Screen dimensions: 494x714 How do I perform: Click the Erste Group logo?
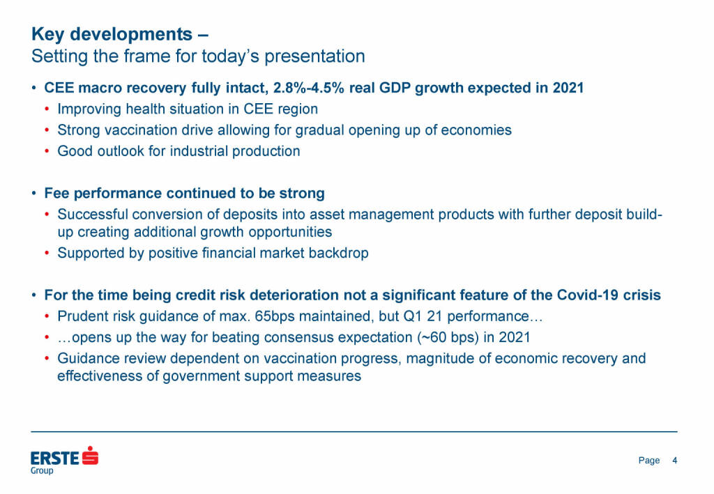(x=64, y=459)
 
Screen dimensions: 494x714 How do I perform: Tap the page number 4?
(x=674, y=461)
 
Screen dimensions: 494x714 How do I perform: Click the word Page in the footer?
(x=648, y=461)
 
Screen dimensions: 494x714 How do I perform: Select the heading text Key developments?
(x=112, y=34)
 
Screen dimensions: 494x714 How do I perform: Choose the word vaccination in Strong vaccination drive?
(x=142, y=130)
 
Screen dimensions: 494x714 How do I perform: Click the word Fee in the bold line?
(x=56, y=193)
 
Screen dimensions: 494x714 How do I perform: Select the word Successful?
(x=91, y=214)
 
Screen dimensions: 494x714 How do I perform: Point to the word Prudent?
(x=82, y=316)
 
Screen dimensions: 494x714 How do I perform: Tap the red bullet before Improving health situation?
(x=47, y=109)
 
